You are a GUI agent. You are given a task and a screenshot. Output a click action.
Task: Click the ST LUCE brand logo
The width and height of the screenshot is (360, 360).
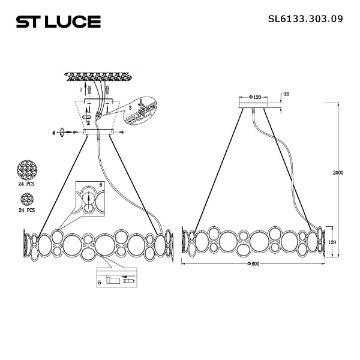[x=58, y=22]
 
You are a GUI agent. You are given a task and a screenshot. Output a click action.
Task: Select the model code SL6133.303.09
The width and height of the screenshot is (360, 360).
[x=305, y=19]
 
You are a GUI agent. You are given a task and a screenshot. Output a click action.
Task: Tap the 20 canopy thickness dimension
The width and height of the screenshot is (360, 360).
[x=287, y=94]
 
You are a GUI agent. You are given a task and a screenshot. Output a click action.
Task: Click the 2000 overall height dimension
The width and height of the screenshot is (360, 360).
[x=338, y=173]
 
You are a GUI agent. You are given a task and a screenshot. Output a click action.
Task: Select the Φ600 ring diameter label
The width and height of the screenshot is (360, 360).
[x=255, y=265]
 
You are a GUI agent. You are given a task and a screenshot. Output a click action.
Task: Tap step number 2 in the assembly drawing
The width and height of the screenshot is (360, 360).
[x=88, y=122]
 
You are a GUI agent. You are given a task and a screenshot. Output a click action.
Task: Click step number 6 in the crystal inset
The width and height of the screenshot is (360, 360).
[x=101, y=184]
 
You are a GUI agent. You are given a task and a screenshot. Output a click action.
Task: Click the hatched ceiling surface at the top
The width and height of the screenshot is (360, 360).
[x=99, y=77]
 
